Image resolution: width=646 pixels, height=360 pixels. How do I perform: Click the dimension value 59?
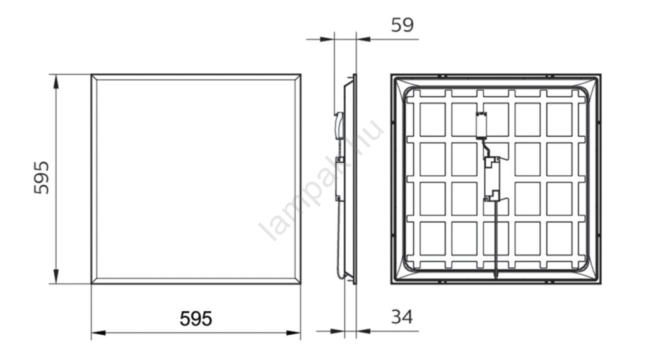coord(402,25)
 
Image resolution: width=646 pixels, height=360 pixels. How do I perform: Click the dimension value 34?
coord(402,317)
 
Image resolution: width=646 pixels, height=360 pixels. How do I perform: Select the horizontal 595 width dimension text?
coord(196,319)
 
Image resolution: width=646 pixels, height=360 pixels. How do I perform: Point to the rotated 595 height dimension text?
coord(41,178)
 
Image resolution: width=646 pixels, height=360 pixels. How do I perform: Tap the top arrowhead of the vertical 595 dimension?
coord(56,81)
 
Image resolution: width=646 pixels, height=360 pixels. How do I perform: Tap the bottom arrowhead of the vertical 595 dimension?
coord(56,276)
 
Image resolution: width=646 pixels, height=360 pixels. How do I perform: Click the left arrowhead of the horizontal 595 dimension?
coord(98,332)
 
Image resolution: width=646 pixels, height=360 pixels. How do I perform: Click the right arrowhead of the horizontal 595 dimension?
coord(293,332)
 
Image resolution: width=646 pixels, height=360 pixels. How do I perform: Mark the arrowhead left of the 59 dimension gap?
coord(327,39)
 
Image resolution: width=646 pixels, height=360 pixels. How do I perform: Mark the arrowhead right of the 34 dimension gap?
coord(364,330)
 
